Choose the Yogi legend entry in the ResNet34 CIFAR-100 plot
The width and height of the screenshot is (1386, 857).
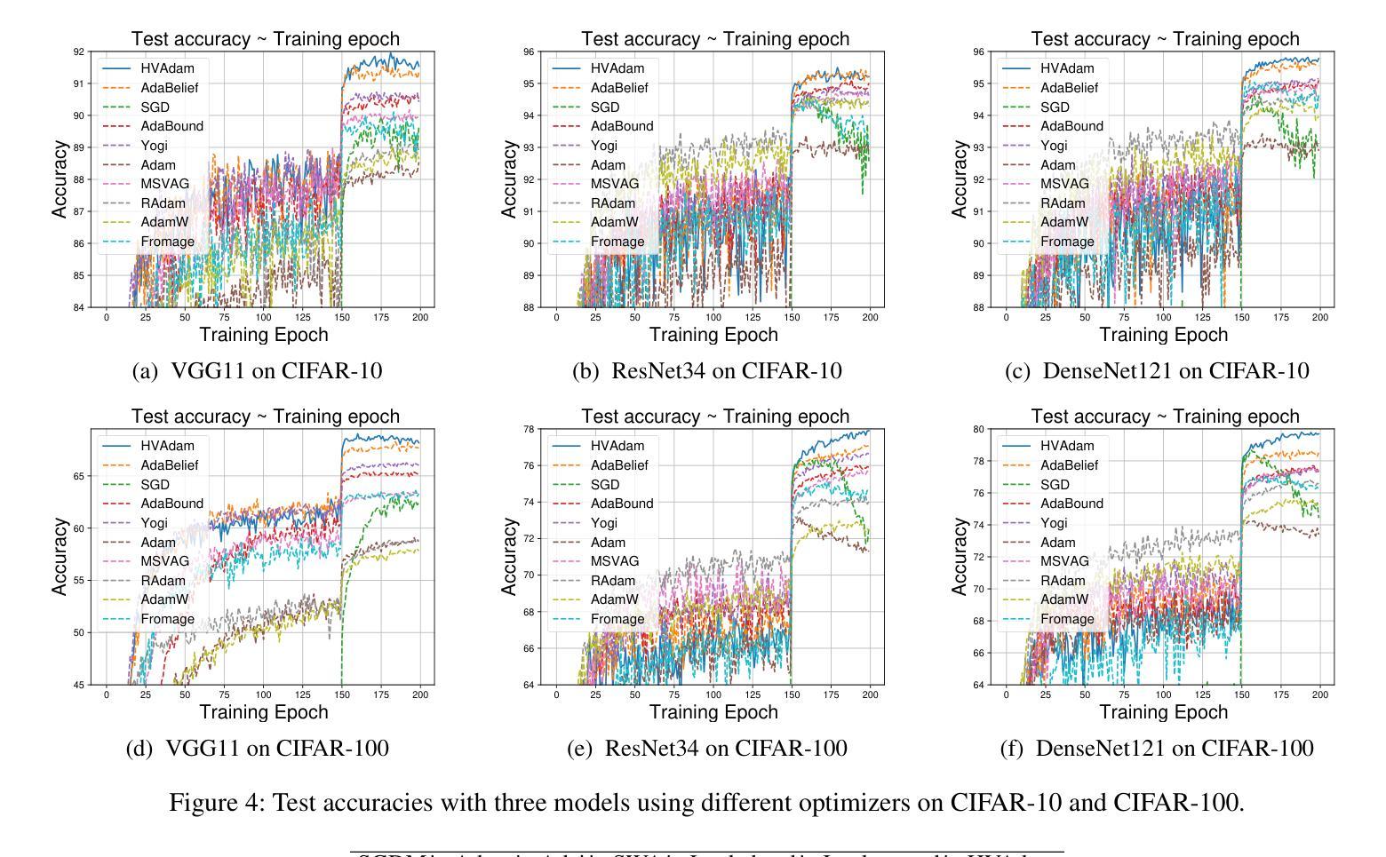603,523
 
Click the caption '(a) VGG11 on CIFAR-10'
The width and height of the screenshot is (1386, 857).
257,371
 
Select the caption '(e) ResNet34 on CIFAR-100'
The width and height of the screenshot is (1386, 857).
707,749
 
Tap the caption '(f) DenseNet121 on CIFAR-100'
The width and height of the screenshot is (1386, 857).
1157,749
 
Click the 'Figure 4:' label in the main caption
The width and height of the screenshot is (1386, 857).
217,803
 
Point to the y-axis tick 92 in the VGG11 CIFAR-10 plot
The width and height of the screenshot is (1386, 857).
80,52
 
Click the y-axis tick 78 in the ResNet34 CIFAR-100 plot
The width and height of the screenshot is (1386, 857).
530,429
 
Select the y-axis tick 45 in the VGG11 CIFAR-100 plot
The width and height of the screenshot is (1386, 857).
80,685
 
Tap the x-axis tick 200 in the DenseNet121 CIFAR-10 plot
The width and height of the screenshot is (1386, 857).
1320,318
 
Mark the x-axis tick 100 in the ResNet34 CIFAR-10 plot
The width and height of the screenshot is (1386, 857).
713,318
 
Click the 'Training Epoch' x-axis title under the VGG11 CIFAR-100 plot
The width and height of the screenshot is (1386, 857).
264,712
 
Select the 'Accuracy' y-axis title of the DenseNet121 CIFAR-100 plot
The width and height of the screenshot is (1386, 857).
959,557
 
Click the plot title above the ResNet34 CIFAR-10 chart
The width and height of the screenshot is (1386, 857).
715,39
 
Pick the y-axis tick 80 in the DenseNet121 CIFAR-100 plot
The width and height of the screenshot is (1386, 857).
979,429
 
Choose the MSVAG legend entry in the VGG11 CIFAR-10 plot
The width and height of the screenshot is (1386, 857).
165,184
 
